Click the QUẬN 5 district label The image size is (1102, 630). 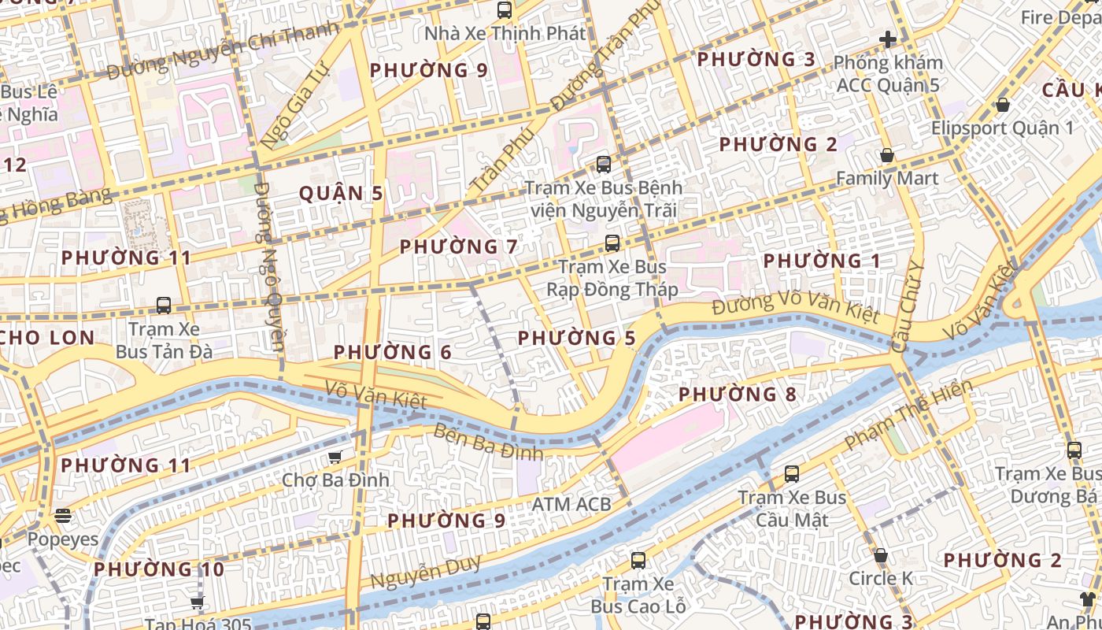(x=342, y=194)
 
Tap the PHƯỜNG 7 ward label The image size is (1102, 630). (x=459, y=246)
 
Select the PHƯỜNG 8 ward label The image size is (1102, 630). (x=738, y=394)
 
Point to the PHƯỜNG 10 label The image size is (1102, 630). (x=159, y=569)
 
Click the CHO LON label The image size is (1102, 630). (x=47, y=338)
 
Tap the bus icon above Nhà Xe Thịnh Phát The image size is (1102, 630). (x=505, y=10)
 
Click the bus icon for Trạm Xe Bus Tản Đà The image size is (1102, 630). (x=164, y=305)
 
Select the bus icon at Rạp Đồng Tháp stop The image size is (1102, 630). (x=612, y=243)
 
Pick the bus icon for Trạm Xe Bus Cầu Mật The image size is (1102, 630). (x=792, y=474)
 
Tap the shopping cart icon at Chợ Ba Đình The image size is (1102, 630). (x=335, y=457)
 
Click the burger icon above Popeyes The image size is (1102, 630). (x=63, y=516)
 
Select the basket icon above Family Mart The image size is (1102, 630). (x=887, y=156)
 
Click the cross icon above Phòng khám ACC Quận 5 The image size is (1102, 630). (x=888, y=39)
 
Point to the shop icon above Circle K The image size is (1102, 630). (x=881, y=555)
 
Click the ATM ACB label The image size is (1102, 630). (x=571, y=504)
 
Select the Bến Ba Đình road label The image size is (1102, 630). (x=488, y=441)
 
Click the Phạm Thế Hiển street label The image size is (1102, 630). (x=908, y=416)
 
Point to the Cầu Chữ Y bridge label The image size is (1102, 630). (x=905, y=307)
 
